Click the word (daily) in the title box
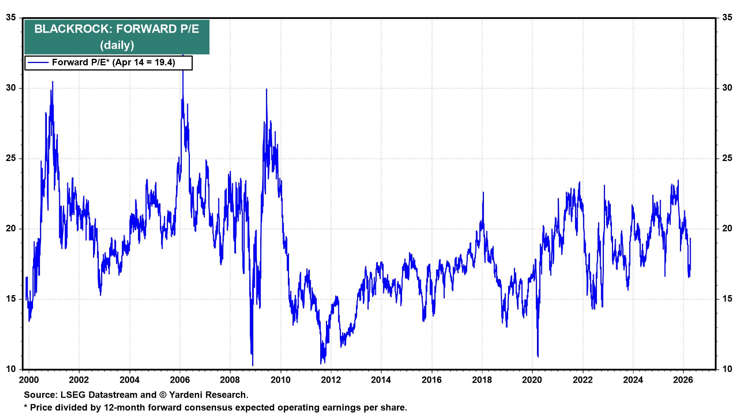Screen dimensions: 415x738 (117, 45)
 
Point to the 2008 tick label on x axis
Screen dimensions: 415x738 (230, 380)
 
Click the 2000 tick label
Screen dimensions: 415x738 (28, 380)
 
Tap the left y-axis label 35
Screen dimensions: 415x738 (12, 18)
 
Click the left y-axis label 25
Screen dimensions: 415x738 (12, 158)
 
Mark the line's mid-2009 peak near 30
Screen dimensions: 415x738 (266, 89)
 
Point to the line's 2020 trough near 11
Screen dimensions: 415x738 (538, 357)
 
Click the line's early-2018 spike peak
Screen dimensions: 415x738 (483, 193)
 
